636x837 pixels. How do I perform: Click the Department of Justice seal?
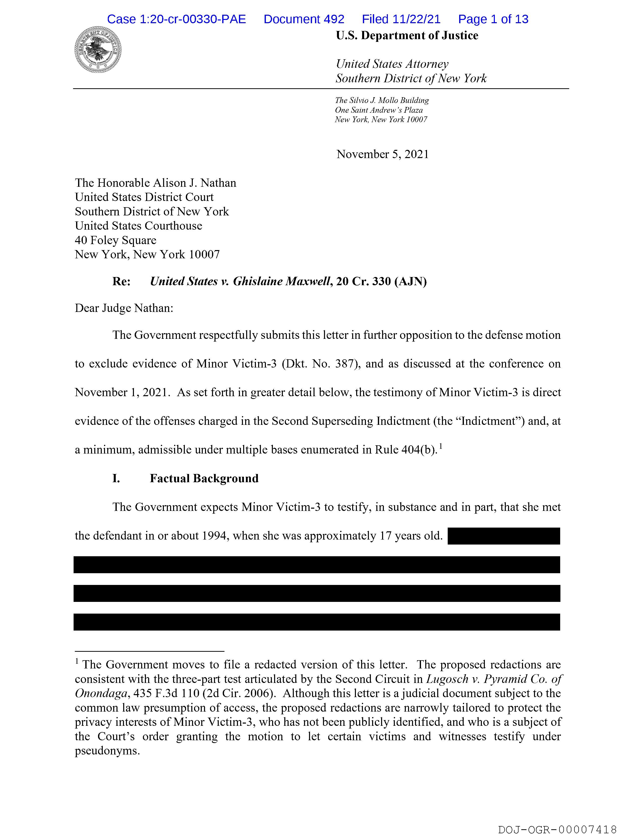98,50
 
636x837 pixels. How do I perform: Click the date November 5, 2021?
382,154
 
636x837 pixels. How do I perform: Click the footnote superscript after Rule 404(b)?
441,447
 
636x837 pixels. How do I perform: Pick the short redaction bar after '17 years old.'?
504,536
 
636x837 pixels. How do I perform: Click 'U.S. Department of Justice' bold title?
407,36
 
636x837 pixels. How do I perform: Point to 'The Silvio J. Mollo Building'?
382,100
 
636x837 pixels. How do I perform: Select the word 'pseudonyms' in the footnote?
106,751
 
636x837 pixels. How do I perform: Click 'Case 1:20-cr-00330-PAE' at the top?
176,19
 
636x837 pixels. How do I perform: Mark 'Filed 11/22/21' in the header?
401,19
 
